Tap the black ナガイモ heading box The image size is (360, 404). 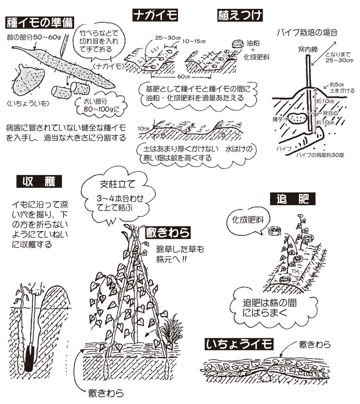(156, 14)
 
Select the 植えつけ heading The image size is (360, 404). (240, 14)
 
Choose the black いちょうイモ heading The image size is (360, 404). (239, 344)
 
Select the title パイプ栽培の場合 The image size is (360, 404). (307, 32)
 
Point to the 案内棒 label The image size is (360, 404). (306, 50)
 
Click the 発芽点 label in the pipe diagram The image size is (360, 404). (333, 113)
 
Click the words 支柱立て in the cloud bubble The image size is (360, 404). (117, 185)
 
